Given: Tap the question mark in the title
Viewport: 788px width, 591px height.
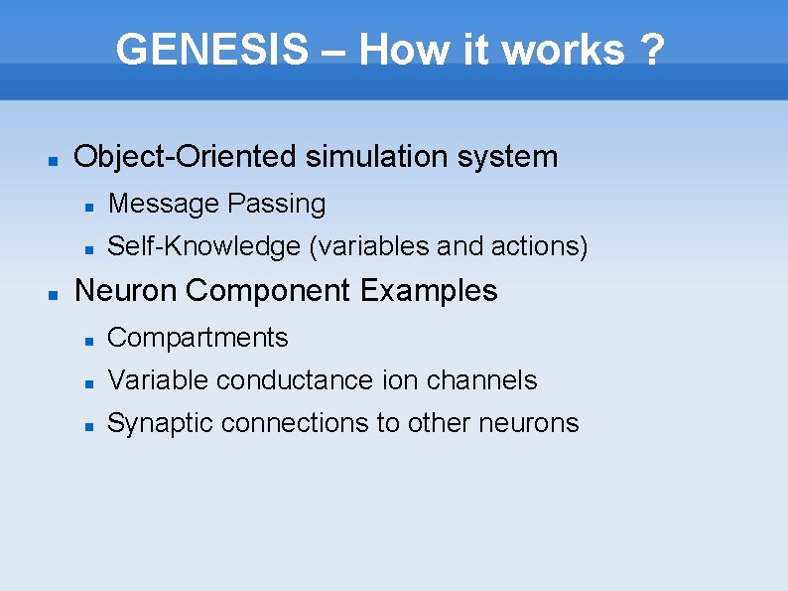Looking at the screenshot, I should click(652, 50).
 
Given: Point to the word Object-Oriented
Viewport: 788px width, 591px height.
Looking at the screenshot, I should click(185, 157).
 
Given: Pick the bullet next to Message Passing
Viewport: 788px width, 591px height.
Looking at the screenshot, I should click(88, 206).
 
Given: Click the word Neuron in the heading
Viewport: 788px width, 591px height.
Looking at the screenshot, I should click(126, 291).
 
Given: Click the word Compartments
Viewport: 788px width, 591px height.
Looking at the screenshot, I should click(197, 338).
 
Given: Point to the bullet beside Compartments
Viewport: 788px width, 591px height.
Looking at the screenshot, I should click(88, 340).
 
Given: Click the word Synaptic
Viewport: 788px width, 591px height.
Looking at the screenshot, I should click(161, 423).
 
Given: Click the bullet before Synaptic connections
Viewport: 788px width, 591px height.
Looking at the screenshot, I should click(88, 425).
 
